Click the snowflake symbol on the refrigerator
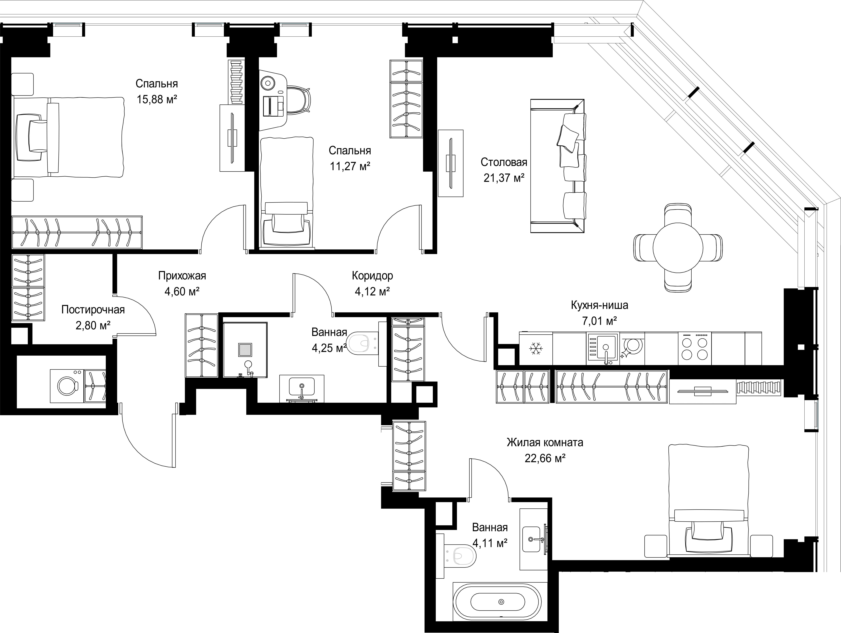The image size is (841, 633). point(536,348)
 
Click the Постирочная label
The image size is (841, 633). point(93,310)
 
